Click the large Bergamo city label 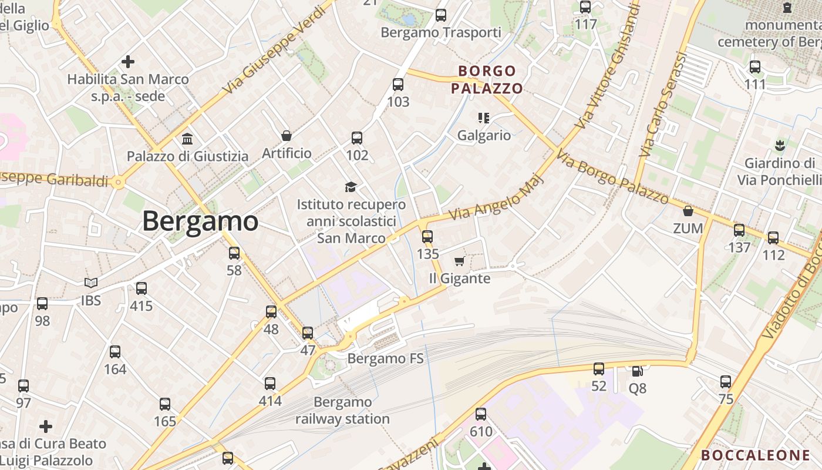tap(200, 221)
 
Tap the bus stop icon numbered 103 tap(398, 85)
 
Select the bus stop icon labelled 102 tap(357, 138)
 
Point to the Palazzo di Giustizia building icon tap(188, 139)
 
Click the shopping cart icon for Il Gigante tap(459, 261)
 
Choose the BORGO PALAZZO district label tap(487, 80)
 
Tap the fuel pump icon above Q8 tap(637, 371)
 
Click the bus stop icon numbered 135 tap(427, 237)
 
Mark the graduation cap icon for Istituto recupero tap(351, 187)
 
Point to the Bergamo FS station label tap(385, 358)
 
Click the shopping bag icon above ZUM tap(688, 211)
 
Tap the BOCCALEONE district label tap(756, 455)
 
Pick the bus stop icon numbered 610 tap(481, 414)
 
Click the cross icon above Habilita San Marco tap(127, 61)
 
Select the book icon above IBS tap(90, 283)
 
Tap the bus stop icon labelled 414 tap(270, 384)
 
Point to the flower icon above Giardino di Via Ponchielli tap(780, 145)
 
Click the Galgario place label tap(484, 135)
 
